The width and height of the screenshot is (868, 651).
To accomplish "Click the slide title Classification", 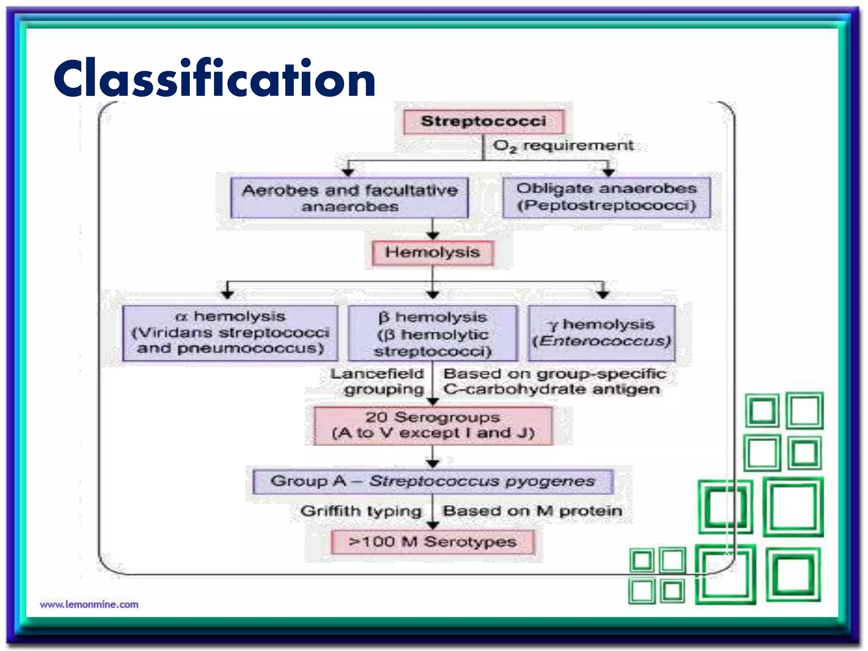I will [214, 79].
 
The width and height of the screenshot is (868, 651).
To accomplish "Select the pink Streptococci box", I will [484, 122].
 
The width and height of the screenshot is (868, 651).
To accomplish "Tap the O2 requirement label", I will [563, 146].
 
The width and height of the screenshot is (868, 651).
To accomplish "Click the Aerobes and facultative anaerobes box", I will [350, 198].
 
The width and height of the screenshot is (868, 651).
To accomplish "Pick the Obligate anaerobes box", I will [606, 198].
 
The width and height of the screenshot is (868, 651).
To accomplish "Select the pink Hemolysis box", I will [432, 253].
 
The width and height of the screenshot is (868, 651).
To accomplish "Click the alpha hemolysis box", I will [230, 333].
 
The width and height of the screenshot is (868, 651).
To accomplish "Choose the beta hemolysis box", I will [432, 334].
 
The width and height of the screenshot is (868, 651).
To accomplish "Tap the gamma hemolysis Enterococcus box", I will [601, 333].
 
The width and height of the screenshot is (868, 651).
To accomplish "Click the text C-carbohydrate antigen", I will [551, 389].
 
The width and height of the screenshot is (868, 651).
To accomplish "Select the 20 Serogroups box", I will [433, 426].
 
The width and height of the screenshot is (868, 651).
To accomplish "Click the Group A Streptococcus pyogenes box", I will [433, 481].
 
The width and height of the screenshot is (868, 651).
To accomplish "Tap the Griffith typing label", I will [361, 511].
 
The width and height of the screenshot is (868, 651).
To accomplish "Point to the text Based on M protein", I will [532, 511].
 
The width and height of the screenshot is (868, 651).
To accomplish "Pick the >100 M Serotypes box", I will [432, 542].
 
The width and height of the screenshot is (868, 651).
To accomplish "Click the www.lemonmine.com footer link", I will [89, 604].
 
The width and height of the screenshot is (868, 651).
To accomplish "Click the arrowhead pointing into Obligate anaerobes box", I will [609, 172].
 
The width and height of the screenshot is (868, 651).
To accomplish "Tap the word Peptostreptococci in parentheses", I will [606, 206].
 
